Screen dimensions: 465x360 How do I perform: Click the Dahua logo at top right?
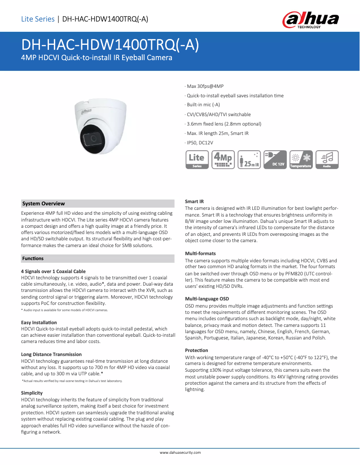pos(310,20)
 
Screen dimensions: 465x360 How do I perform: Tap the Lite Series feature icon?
pos(197,160)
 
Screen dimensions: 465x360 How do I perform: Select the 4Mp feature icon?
pos(223,160)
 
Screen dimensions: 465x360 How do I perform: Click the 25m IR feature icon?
pos(249,160)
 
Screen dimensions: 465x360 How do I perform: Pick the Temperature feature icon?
pos(301,160)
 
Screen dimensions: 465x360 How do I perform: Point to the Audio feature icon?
pos(327,160)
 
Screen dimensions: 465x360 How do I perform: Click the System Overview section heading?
pos(44,204)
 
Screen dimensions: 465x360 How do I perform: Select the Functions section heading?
pos(33,258)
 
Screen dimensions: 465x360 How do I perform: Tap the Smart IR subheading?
pos(194,201)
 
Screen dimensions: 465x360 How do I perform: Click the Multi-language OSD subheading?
pos(207,299)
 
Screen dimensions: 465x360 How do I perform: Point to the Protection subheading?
pos(197,350)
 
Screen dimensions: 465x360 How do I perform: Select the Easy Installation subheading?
pos(39,322)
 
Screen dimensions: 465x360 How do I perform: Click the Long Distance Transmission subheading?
pos(52,354)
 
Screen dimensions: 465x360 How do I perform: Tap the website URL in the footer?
pos(180,453)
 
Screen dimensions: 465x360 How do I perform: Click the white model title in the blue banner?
pos(110,45)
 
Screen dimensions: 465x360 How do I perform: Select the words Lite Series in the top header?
pos(38,19)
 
